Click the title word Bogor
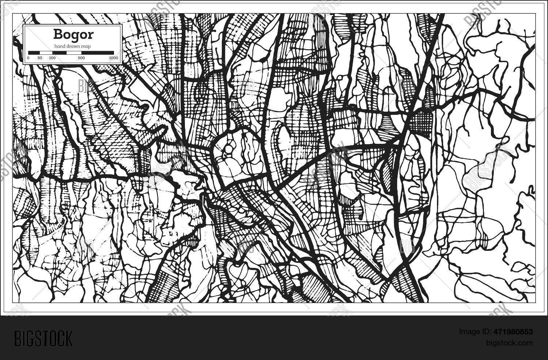click(x=73, y=34)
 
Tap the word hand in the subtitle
click(x=60, y=46)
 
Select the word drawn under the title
click(x=73, y=46)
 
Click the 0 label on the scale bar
click(x=28, y=58)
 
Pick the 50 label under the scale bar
click(x=40, y=58)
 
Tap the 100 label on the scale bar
click(x=52, y=58)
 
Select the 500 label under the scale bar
click(x=81, y=58)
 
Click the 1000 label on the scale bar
click(x=114, y=58)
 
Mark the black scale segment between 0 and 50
click(x=34, y=53)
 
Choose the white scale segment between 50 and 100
click(x=46, y=53)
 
